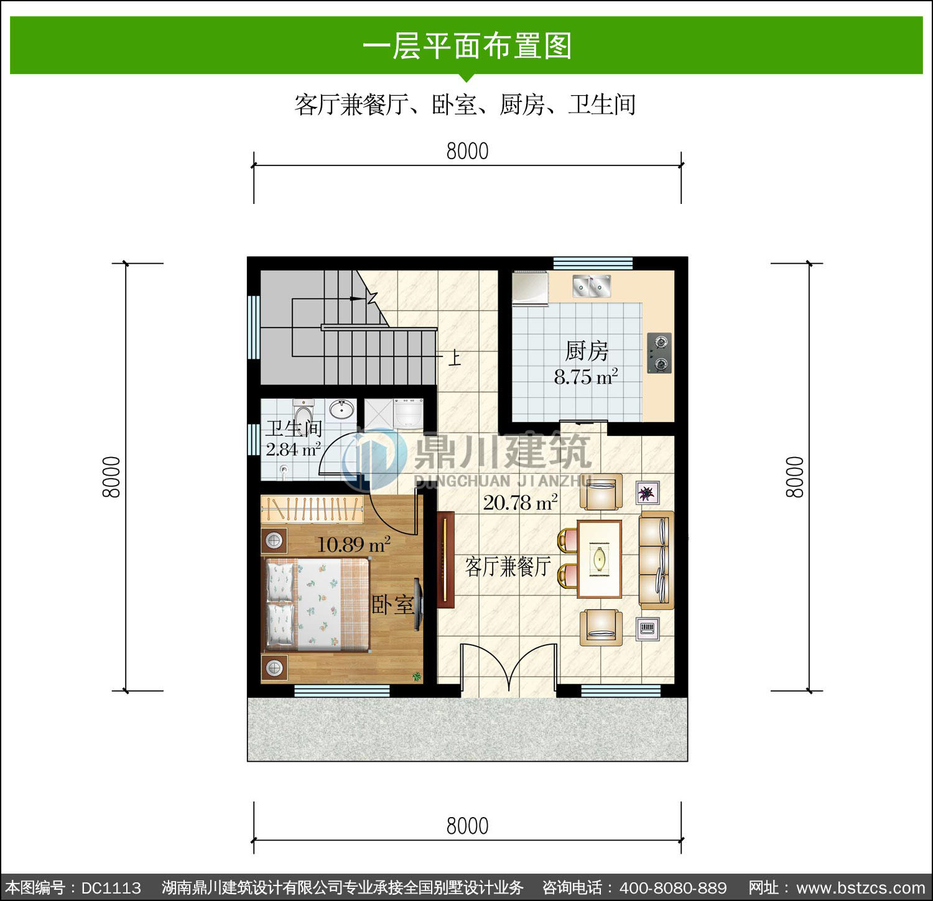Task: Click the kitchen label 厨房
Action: click(x=587, y=351)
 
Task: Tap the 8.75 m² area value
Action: click(x=586, y=376)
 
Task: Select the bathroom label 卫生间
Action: click(x=294, y=428)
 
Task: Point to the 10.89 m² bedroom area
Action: click(x=353, y=545)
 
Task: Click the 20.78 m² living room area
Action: click(x=520, y=502)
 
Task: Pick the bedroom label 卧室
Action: click(x=392, y=604)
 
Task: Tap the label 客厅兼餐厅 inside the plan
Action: click(x=508, y=566)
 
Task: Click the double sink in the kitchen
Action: click(x=592, y=286)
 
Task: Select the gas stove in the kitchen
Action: click(x=659, y=353)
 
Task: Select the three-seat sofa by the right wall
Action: click(x=657, y=560)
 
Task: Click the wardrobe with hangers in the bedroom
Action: click(x=312, y=509)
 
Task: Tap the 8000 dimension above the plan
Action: click(x=468, y=151)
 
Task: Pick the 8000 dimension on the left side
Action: click(x=111, y=477)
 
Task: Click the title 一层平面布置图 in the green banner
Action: click(x=467, y=46)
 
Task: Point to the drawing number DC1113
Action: click(x=111, y=887)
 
